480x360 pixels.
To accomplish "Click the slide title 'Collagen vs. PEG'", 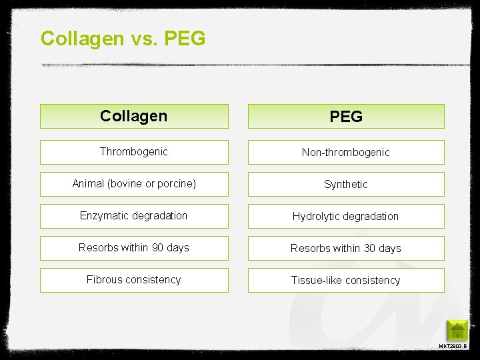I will coord(123,38).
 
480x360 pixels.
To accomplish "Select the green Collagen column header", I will coord(133,116).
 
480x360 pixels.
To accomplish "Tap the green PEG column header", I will coord(346,117).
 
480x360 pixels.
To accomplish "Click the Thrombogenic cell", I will coord(133,152).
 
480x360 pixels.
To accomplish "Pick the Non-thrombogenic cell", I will coord(346,153).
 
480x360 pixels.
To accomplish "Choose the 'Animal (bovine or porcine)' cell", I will coord(133,184).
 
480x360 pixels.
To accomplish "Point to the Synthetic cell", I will coord(346,185).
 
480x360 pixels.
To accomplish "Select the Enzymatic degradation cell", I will coord(133,216).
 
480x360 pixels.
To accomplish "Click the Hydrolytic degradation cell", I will coord(346,217).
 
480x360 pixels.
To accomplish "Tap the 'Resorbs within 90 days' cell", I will coord(133,248).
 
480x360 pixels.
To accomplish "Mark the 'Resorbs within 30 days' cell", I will coord(346,249).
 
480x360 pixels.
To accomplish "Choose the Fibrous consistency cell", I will coord(133,280).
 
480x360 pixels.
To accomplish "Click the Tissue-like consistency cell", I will coord(346,281).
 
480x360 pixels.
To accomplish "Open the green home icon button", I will coord(457,331).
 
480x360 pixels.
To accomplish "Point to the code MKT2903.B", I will coord(453,347).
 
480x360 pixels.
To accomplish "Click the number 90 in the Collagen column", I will coord(158,248).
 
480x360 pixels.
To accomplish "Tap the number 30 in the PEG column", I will coord(370,249).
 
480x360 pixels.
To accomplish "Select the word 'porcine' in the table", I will coord(177,184).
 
